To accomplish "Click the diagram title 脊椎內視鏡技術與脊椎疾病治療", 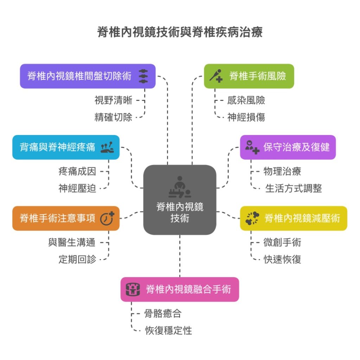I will pos(180,33).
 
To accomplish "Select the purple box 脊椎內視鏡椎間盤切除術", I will pos(88,76).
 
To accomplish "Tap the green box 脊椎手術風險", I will pos(249,76).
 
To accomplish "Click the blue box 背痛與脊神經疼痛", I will pos(66,147).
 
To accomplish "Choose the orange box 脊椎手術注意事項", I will pos(66,218).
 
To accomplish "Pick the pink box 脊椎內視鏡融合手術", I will pos(180,289).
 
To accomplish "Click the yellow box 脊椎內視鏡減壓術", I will pos(294,218).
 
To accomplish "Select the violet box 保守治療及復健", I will pos(288,147).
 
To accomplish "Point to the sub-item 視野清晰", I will pos(113,101).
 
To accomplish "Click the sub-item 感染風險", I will pos(246,101).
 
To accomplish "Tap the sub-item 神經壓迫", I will pos(77,188).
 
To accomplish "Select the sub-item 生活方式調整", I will pos(293,188).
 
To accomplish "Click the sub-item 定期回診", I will pos(77,259).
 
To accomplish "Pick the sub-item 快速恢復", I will pos(282,259).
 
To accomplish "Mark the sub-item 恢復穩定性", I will pos(168,330).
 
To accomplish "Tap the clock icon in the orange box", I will pos(107,218).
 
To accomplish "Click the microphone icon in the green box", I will pos(216,76).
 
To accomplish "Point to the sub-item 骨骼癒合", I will pos(163,313).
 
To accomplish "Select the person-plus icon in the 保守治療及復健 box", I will pos(252,147).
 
